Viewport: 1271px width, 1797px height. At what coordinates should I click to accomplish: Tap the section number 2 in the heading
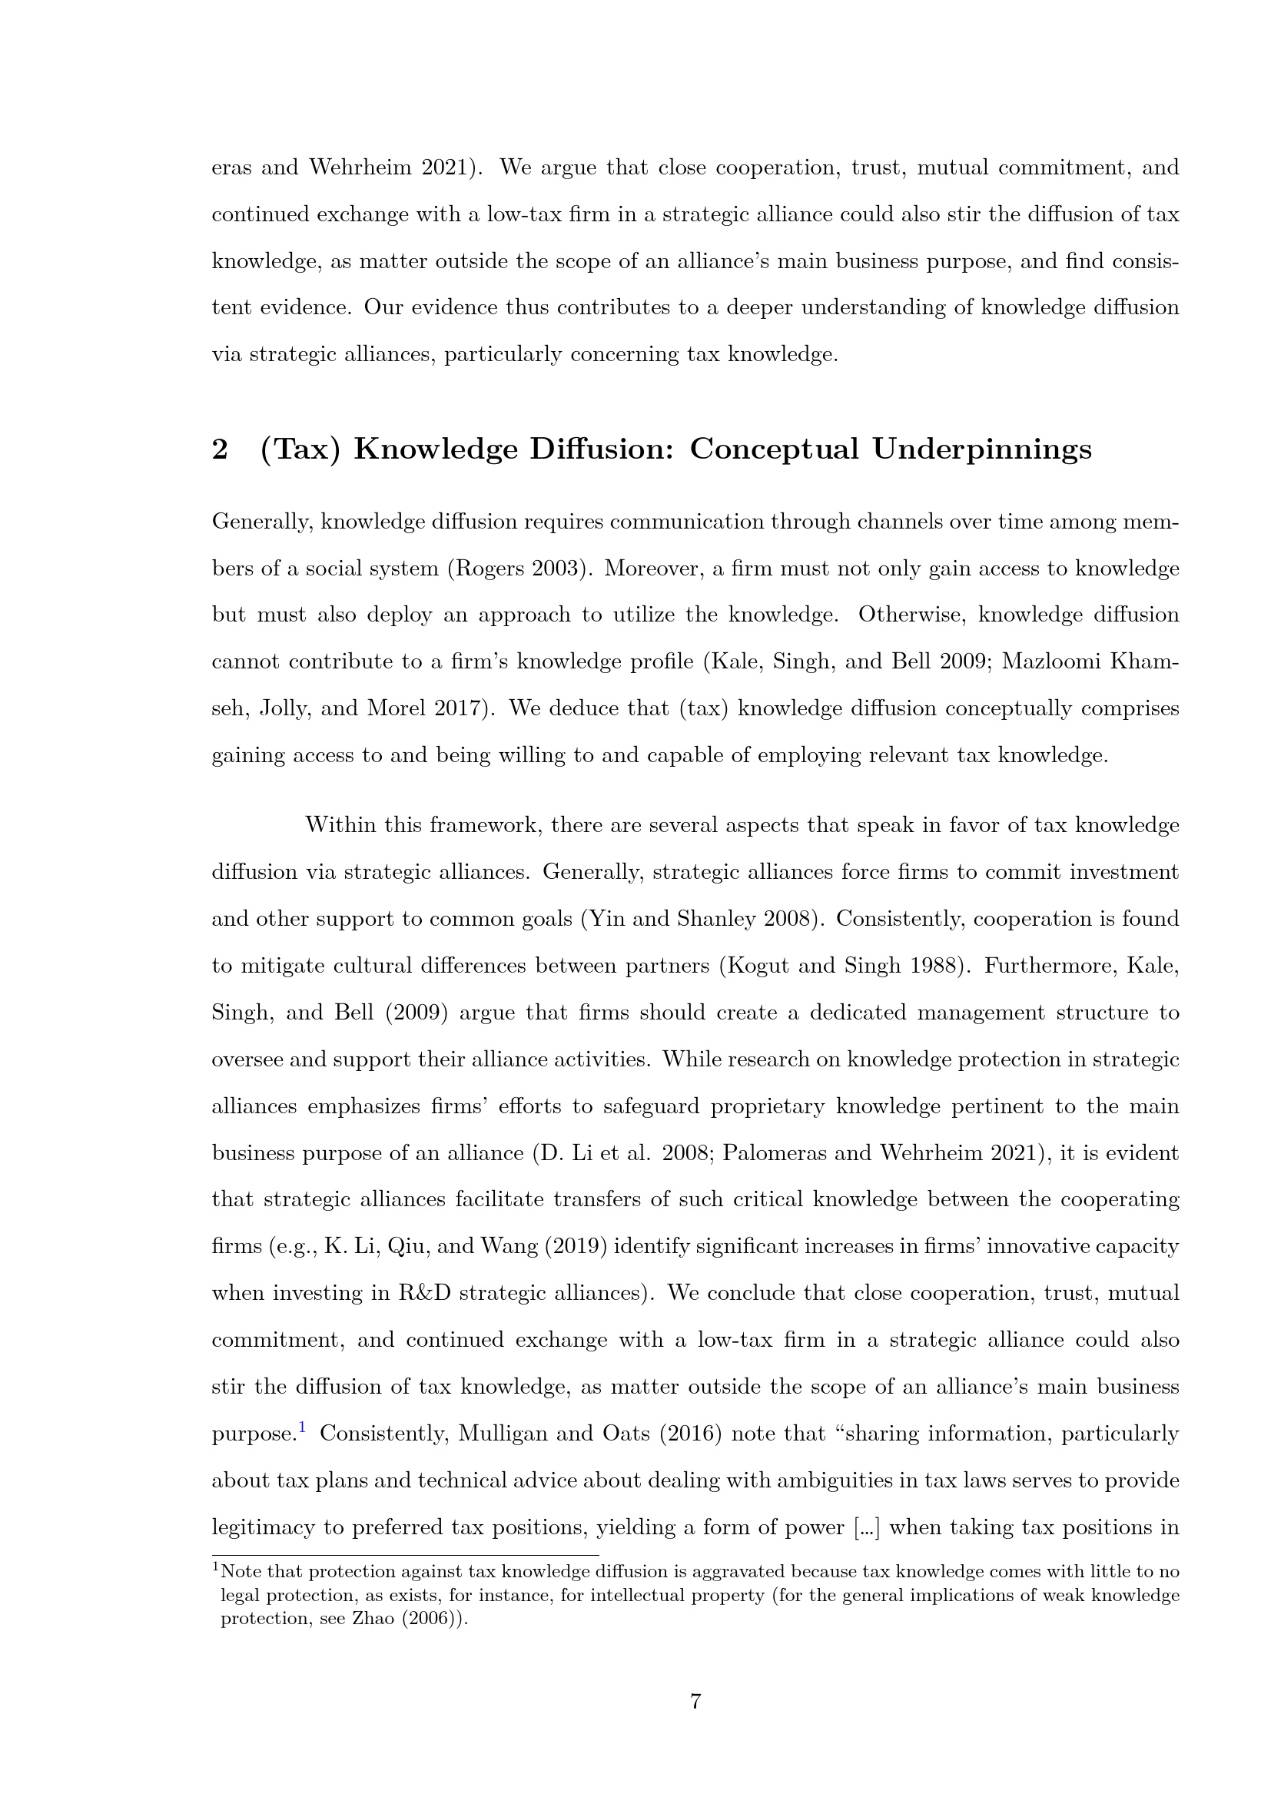pos(220,450)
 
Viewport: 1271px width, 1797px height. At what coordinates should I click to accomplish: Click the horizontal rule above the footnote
pos(405,1555)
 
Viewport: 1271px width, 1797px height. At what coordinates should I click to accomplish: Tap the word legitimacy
pos(262,1528)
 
